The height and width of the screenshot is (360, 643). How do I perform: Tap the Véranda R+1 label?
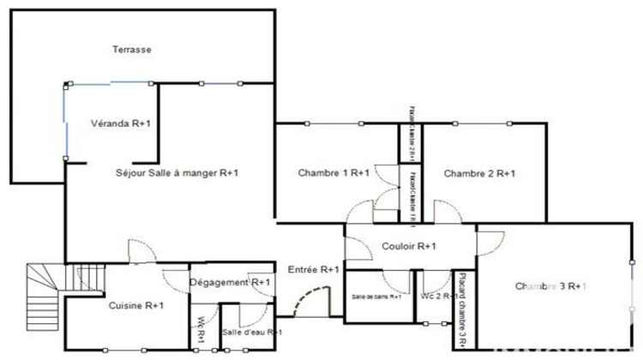pos(121,123)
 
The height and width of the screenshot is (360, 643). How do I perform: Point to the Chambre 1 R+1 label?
pos(334,173)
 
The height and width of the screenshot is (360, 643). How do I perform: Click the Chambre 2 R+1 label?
pos(479,173)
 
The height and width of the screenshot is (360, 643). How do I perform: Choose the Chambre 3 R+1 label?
pos(550,285)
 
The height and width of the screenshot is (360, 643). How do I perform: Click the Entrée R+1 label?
pos(314,269)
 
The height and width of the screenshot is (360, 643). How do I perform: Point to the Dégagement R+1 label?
pos(230,282)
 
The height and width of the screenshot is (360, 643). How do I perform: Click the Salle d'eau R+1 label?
pos(252,332)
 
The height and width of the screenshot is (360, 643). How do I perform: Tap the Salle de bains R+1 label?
pos(376,297)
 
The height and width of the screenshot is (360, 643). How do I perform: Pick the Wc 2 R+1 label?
pos(436,297)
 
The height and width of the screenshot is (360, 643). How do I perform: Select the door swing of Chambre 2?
pos(447,210)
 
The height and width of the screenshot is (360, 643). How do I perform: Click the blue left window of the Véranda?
pos(64,123)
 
